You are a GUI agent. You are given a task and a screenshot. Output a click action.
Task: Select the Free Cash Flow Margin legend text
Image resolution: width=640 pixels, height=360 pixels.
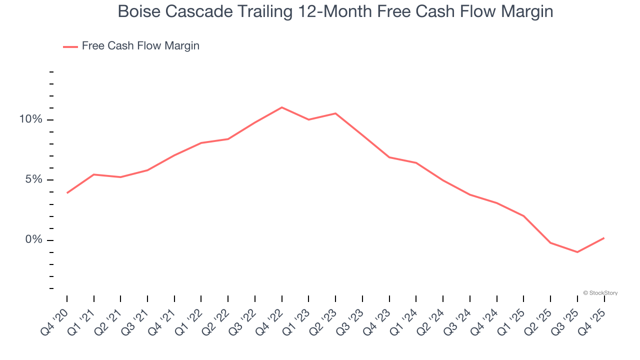click(x=140, y=46)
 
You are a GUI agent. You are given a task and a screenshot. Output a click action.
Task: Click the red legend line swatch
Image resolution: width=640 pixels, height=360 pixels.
click(x=70, y=46)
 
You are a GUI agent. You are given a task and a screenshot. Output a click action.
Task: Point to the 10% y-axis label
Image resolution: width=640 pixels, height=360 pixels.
click(x=30, y=119)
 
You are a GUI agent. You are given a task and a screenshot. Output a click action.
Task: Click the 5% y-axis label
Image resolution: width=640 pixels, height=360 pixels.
click(x=33, y=179)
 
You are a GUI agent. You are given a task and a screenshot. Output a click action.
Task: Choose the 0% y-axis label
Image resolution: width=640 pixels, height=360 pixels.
click(x=33, y=240)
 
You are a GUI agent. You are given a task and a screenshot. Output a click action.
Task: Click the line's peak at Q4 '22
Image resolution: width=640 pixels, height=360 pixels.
click(x=282, y=107)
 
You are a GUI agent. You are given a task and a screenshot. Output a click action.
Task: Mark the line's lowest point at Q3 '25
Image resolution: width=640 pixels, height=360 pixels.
click(x=577, y=252)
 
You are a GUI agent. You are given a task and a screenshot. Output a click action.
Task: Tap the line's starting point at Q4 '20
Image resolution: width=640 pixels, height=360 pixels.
click(x=67, y=193)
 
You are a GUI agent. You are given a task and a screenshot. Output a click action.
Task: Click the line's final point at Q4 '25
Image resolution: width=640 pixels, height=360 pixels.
click(x=604, y=238)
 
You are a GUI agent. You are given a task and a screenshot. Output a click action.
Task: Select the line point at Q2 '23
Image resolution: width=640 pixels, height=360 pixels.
click(x=335, y=113)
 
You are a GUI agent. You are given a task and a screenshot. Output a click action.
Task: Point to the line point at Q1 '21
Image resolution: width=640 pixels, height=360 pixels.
click(x=94, y=174)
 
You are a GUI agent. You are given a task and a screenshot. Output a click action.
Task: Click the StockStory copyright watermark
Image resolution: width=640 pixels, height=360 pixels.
click(x=600, y=293)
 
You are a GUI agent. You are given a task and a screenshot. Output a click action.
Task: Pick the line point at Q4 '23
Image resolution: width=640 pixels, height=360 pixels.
click(x=389, y=157)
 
